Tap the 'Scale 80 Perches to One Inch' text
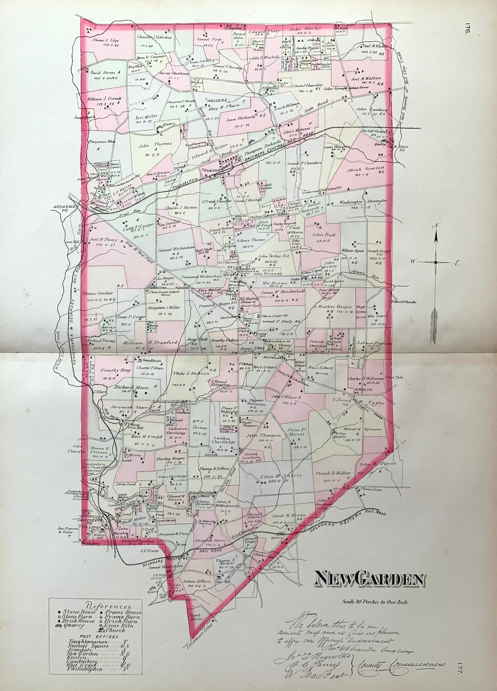pyautogui.click(x=376, y=602)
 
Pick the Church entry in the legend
pyautogui.click(x=116, y=630)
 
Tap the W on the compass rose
pyautogui.click(x=413, y=262)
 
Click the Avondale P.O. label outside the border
pyautogui.click(x=64, y=209)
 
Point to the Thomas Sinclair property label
pyautogui.click(x=98, y=293)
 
